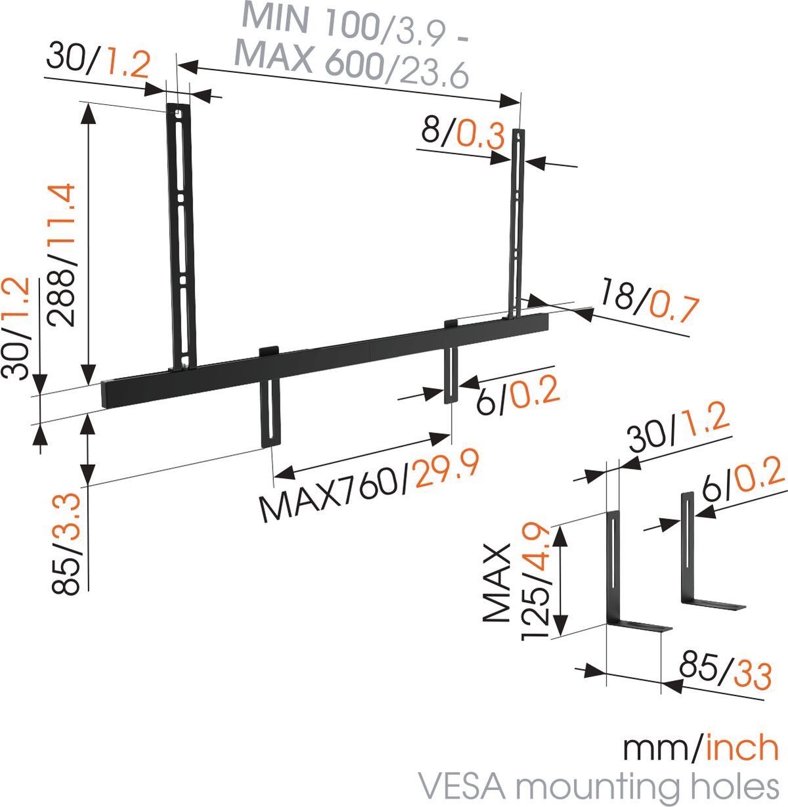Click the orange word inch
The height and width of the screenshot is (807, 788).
click(743, 748)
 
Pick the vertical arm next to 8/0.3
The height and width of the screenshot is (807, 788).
click(519, 223)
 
